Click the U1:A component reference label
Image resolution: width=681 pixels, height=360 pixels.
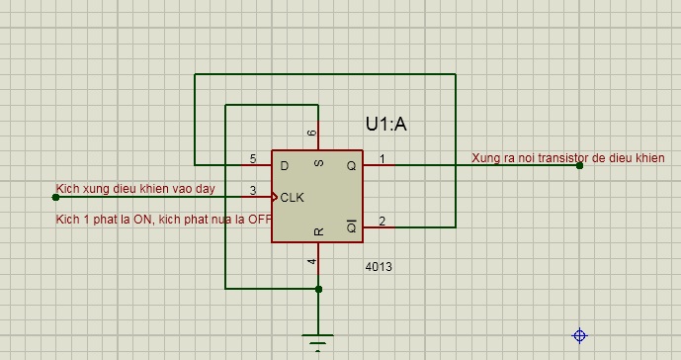point(386,125)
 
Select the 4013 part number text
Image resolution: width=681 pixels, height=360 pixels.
point(379,266)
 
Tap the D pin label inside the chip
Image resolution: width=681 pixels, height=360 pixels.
point(285,165)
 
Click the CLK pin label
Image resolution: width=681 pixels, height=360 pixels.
point(293,198)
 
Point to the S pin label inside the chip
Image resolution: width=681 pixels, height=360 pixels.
point(319,163)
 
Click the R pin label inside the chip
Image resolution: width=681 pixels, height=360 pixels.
point(319,231)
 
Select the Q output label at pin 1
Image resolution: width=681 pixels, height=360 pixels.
point(351,165)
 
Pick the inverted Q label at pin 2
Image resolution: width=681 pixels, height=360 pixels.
point(351,226)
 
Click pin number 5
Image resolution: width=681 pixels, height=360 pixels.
point(253,158)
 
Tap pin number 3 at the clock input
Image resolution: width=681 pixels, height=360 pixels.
point(253,190)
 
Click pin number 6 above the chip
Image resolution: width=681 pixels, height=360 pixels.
point(312,133)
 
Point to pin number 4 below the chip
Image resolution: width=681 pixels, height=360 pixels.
point(312,261)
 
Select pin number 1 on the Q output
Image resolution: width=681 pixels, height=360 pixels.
point(383,158)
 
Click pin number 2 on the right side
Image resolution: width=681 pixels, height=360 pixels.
point(383,222)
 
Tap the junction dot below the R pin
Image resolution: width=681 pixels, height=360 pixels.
point(318,289)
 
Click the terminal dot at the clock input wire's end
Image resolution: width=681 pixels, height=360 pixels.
point(55,198)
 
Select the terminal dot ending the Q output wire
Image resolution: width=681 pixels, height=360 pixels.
point(579,165)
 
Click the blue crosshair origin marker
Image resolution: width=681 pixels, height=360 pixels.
point(579,335)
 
